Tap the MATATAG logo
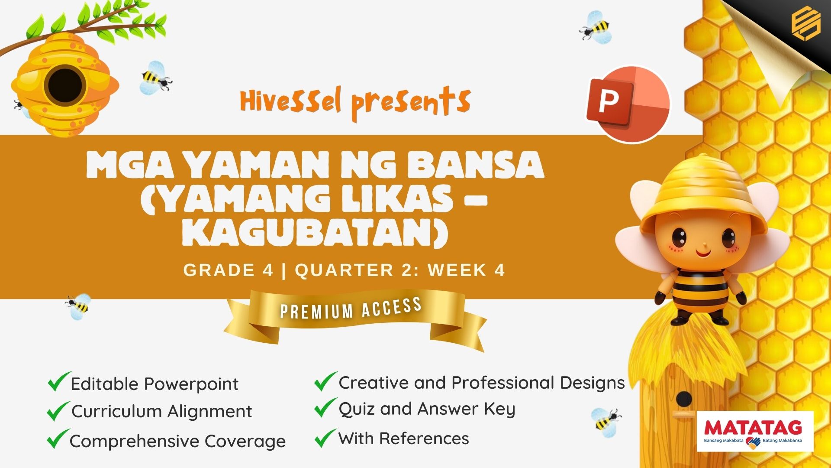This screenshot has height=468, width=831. tap(755, 431)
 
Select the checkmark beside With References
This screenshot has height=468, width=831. tap(325, 438)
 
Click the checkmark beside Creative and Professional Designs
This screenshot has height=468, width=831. tap(325, 381)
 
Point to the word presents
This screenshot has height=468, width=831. tap(411, 103)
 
